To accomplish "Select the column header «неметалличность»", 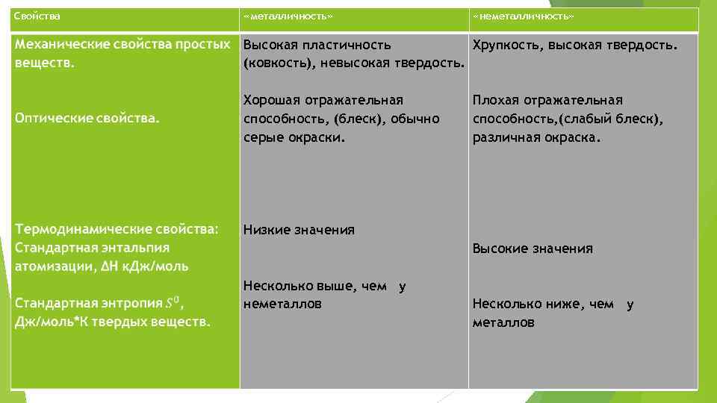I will coord(524,16).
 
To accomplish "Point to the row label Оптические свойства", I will coord(87,119).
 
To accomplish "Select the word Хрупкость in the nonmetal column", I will coord(508,46).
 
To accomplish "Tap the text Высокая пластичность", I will coord(317,46).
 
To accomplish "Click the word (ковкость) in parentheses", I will coord(281,63).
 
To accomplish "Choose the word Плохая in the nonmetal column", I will coord(494,100).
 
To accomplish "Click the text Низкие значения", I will coord(299,230).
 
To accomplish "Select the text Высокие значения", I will coord(533,249).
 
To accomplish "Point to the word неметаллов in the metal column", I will coord(282,304).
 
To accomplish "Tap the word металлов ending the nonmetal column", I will coord(503,322).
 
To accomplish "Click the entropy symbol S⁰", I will coord(173,303).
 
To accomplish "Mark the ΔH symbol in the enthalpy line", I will coord(110,266).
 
